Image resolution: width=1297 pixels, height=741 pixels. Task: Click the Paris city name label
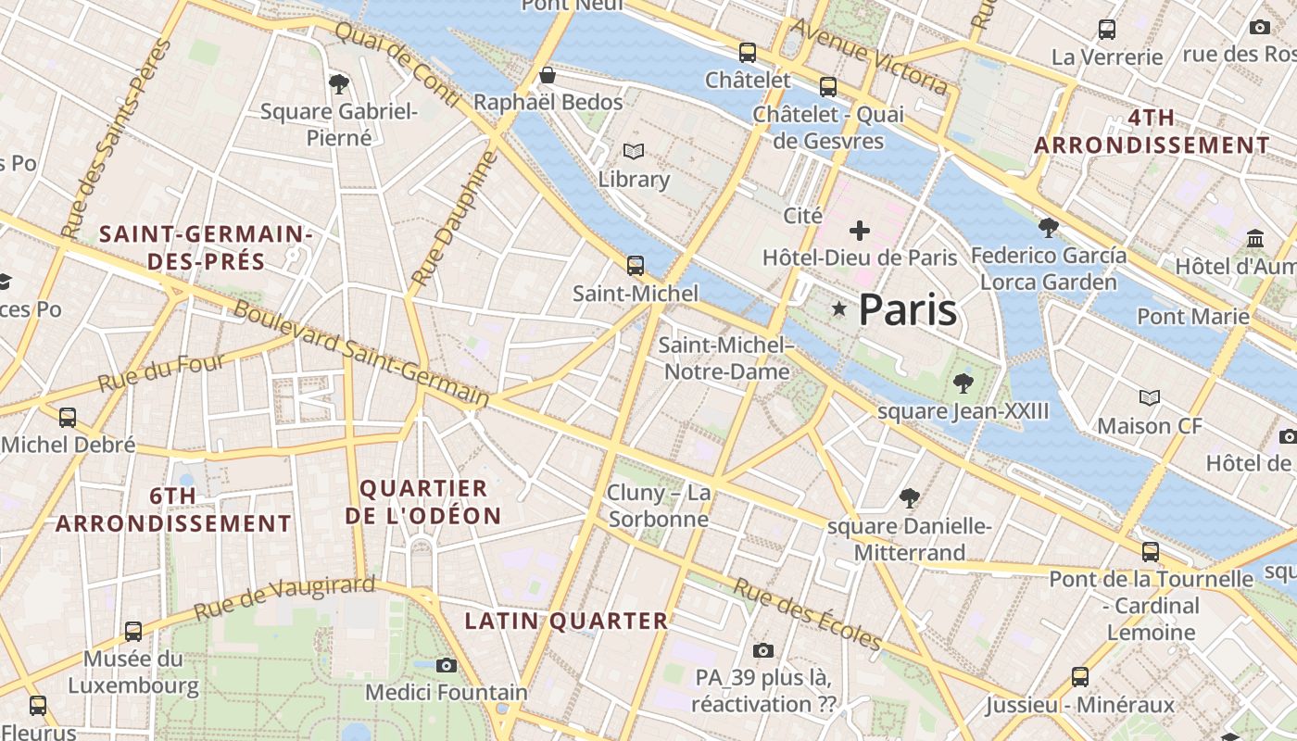click(x=907, y=309)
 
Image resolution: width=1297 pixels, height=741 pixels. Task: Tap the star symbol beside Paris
click(x=839, y=308)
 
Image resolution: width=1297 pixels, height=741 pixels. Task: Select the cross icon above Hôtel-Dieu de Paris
click(x=860, y=230)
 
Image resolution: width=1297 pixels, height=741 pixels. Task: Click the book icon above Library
click(x=634, y=151)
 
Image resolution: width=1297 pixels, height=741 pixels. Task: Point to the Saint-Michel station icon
click(x=636, y=266)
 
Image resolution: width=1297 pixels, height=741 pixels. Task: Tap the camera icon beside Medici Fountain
click(x=447, y=665)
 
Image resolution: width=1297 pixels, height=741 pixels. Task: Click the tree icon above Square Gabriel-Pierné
click(x=339, y=84)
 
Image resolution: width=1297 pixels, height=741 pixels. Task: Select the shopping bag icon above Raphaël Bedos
click(x=548, y=75)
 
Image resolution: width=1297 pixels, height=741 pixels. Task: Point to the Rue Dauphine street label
click(x=455, y=218)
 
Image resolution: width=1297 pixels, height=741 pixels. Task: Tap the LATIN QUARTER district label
click(x=566, y=621)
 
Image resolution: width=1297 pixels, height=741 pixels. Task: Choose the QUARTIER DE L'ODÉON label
click(x=423, y=502)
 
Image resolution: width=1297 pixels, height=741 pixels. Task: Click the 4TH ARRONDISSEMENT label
click(x=1152, y=132)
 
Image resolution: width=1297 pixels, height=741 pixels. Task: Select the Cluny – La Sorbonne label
click(x=659, y=506)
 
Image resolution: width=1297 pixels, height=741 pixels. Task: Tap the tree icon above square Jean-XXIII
click(x=963, y=383)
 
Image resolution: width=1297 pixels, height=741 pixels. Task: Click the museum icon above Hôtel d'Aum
click(x=1256, y=239)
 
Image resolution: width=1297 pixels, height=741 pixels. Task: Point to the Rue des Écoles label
click(x=807, y=614)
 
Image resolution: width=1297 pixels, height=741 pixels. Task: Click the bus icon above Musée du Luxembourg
click(x=133, y=632)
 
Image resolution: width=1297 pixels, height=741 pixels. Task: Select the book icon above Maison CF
click(x=1150, y=398)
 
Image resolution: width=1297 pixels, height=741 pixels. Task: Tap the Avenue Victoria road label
click(x=869, y=57)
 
